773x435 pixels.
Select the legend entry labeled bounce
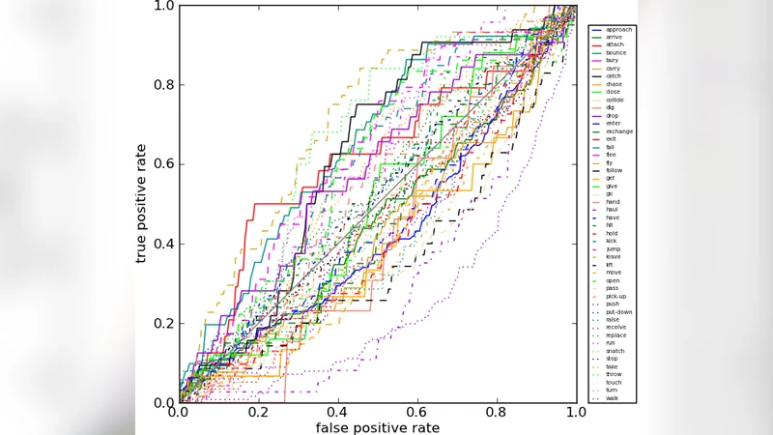pyautogui.click(x=616, y=53)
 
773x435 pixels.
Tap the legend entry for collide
pyautogui.click(x=615, y=100)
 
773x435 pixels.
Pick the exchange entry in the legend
pyautogui.click(x=619, y=131)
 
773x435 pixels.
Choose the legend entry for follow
pyautogui.click(x=615, y=170)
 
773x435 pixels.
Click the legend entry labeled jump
pyautogui.click(x=614, y=248)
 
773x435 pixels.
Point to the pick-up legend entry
pyautogui.click(x=616, y=296)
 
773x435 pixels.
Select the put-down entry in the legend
pyautogui.click(x=618, y=312)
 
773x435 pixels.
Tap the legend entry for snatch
pyautogui.click(x=615, y=351)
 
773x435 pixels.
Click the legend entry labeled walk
pyautogui.click(x=613, y=397)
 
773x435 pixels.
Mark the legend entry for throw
pyautogui.click(x=614, y=374)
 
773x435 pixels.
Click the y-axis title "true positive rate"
pyautogui.click(x=142, y=203)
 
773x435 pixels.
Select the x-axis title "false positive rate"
pyautogui.click(x=377, y=427)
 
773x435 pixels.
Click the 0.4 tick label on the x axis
pyautogui.click(x=337, y=413)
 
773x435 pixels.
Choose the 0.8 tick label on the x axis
pyautogui.click(x=497, y=413)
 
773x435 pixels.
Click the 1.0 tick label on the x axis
pyautogui.click(x=576, y=413)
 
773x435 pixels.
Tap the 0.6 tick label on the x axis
pyautogui.click(x=417, y=413)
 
